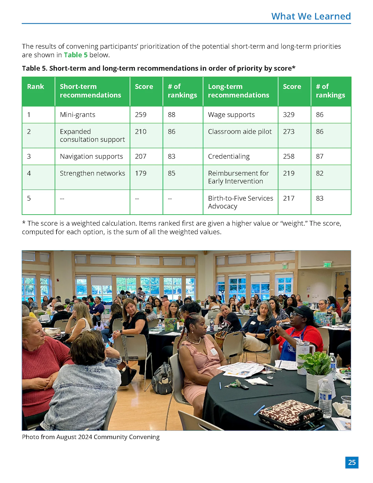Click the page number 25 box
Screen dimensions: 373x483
coord(352,462)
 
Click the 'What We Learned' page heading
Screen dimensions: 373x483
coord(311,16)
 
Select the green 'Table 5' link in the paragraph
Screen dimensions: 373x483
coord(75,55)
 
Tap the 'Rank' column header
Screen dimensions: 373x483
coord(35,87)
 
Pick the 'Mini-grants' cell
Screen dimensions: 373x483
coord(77,115)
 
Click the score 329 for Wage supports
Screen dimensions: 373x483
coord(289,115)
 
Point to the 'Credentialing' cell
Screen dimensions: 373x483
coord(229,156)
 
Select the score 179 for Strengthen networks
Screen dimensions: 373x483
coord(141,173)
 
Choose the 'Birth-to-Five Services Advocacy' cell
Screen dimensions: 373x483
coord(240,202)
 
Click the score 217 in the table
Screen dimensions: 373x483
coord(289,198)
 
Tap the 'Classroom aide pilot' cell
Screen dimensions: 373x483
coord(240,132)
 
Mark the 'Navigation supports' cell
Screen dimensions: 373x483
coord(91,156)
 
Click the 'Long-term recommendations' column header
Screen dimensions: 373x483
coord(238,91)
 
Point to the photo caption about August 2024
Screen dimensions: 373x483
coord(90,437)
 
